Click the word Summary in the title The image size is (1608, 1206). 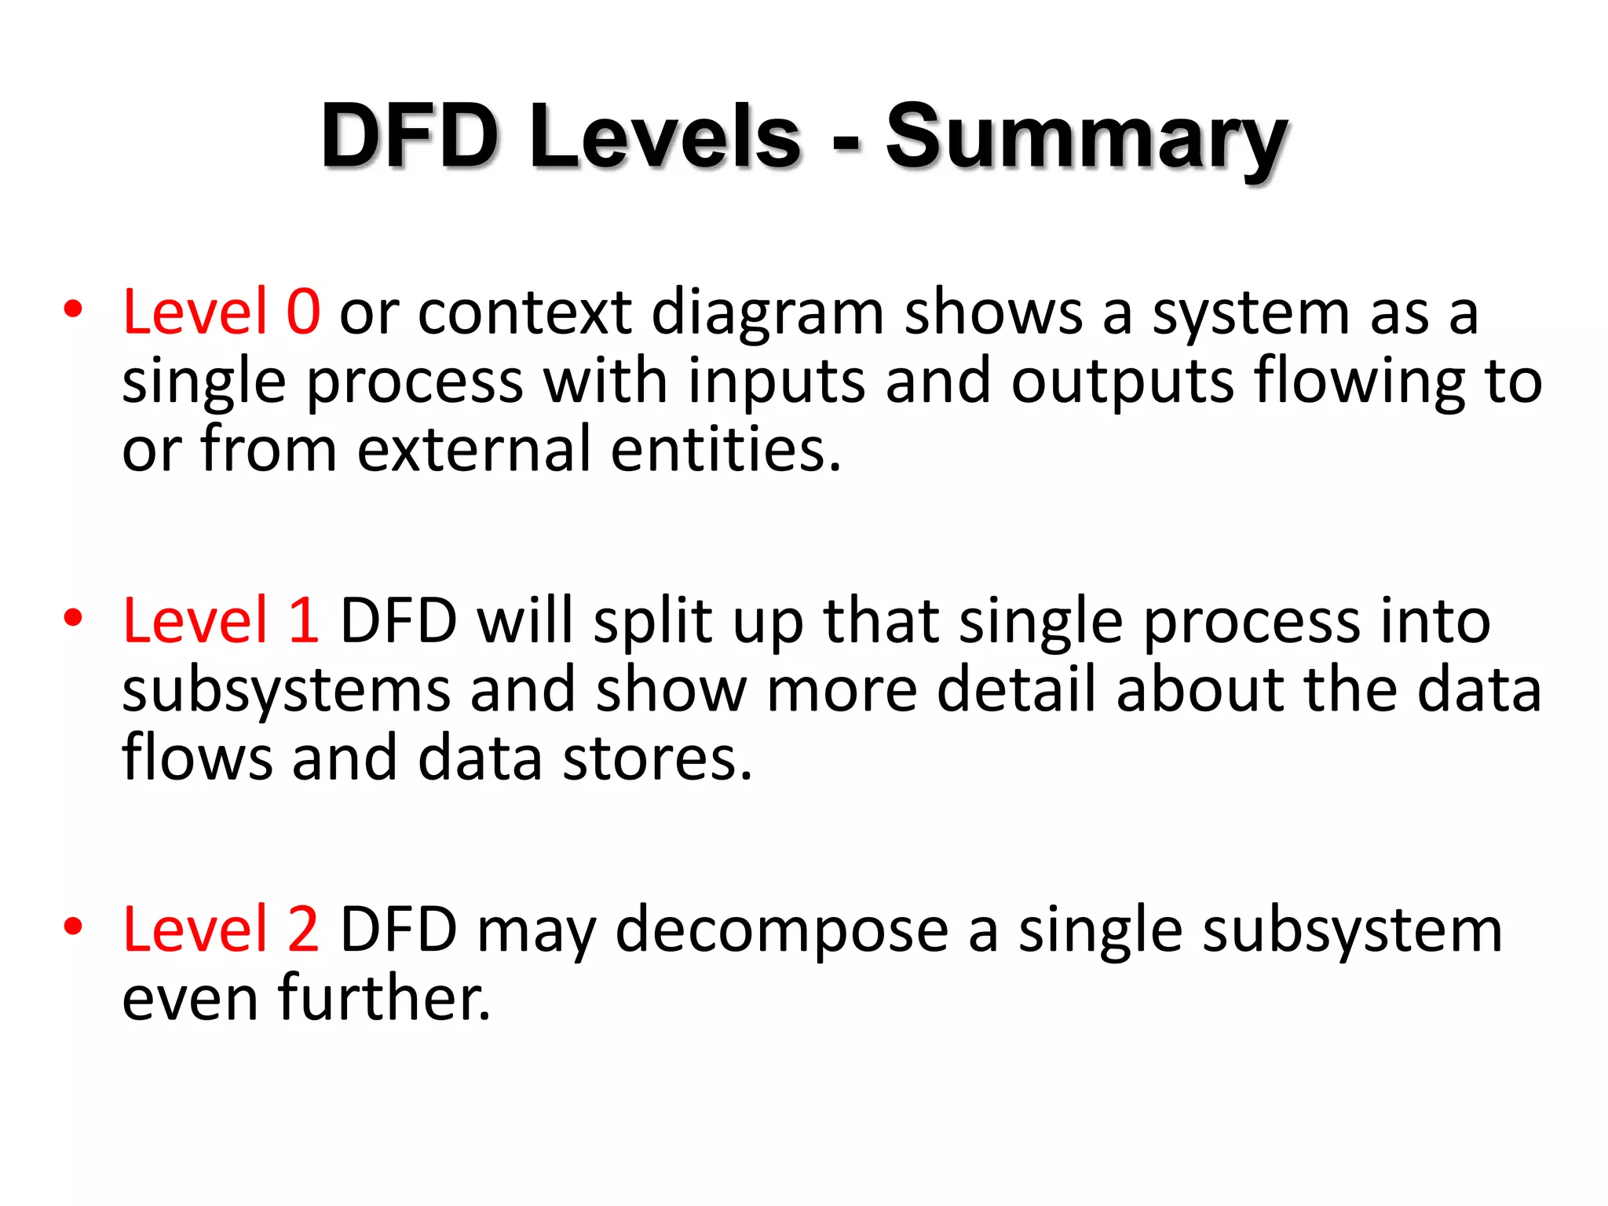click(1087, 140)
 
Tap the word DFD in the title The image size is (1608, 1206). click(410, 137)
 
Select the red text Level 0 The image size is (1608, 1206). click(221, 312)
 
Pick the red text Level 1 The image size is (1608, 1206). click(221, 621)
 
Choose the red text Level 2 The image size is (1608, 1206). click(221, 930)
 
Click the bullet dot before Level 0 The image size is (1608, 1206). click(73, 309)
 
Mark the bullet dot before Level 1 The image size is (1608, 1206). click(73, 618)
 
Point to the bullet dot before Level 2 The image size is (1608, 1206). click(73, 926)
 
